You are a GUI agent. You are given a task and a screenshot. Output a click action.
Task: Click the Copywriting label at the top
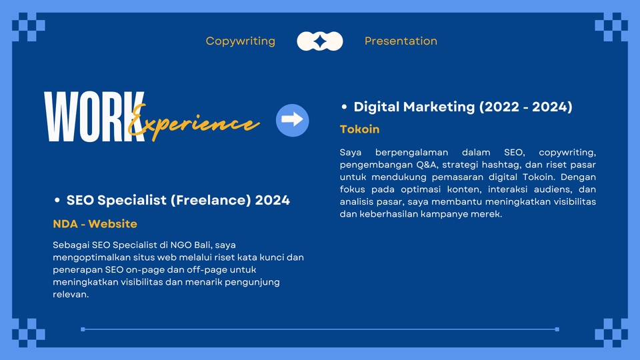[241, 41]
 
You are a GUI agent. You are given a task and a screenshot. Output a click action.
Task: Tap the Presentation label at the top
[401, 41]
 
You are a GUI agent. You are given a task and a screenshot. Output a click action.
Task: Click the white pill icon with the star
[320, 41]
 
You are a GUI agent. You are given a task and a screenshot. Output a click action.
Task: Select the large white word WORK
[94, 117]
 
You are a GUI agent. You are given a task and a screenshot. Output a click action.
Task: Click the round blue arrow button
[292, 120]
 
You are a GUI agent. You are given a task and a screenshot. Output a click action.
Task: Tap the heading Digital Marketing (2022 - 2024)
[463, 107]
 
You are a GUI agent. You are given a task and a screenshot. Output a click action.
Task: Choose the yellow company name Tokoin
[359, 129]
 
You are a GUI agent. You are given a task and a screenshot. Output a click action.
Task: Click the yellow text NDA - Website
[95, 224]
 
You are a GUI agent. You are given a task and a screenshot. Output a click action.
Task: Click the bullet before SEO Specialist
[57, 200]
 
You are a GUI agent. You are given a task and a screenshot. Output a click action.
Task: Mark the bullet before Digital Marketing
[344, 107]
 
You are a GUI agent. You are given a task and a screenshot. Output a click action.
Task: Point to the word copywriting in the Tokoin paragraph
[567, 153]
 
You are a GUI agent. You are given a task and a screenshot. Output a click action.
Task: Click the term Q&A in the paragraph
[427, 165]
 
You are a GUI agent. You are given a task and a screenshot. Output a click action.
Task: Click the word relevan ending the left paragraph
[71, 294]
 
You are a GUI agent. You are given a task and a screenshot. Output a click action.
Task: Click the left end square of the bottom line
[83, 329]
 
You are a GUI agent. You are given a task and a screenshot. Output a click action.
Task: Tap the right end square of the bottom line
[557, 329]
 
